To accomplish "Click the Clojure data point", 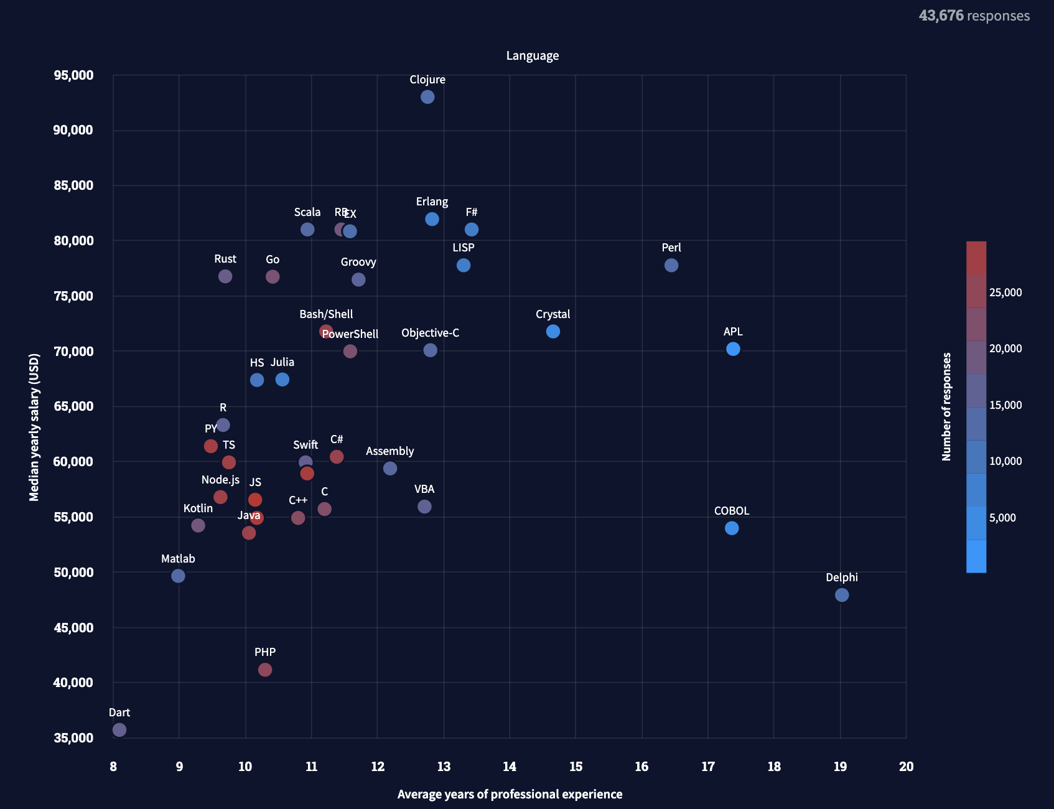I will (427, 97).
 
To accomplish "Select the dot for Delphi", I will (841, 595).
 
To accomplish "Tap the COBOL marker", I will (732, 528).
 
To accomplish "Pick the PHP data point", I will (265, 670).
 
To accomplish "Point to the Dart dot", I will (119, 730).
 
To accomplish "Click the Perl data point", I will (671, 265).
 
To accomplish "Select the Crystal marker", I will (553, 332).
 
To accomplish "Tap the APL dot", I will (733, 349).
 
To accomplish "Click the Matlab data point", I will (178, 576).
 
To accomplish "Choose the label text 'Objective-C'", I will (430, 333).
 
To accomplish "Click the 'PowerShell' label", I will (350, 334).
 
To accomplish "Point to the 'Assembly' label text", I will (389, 451).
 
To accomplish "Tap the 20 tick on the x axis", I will (906, 767).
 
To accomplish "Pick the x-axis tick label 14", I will (510, 767).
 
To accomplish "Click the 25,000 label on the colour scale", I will (1005, 292).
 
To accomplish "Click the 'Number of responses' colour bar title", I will (947, 407).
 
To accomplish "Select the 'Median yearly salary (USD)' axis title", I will (34, 428).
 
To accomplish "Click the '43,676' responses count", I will (941, 16).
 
